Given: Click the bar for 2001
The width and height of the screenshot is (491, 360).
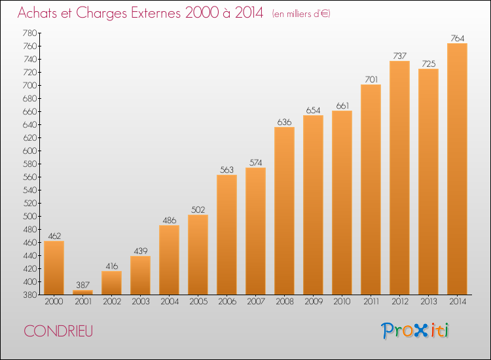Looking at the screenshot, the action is pyautogui.click(x=82, y=292).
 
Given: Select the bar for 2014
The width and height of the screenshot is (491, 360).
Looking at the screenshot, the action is pyautogui.click(x=457, y=169).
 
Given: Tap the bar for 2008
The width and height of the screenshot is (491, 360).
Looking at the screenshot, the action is pyautogui.click(x=284, y=211).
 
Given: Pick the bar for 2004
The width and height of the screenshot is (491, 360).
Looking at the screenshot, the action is pyautogui.click(x=169, y=260).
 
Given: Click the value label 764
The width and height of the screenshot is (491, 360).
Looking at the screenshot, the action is pyautogui.click(x=457, y=38).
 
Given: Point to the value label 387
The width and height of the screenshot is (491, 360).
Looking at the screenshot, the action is pyautogui.click(x=82, y=285).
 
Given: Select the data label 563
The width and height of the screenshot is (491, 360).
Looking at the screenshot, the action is pyautogui.click(x=227, y=170).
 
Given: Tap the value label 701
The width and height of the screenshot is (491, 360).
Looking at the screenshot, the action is pyautogui.click(x=371, y=79).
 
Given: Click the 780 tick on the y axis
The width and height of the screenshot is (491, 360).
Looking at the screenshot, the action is pyautogui.click(x=29, y=33).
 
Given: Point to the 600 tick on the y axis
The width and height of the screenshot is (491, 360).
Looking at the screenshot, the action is pyautogui.click(x=29, y=151).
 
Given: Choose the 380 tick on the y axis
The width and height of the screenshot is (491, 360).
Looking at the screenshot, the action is pyautogui.click(x=29, y=295).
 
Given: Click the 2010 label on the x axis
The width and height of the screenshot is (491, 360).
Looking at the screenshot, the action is pyautogui.click(x=342, y=302).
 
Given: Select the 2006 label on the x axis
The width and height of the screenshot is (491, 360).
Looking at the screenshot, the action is pyautogui.click(x=227, y=302).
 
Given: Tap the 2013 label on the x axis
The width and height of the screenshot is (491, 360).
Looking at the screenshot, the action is pyautogui.click(x=428, y=302).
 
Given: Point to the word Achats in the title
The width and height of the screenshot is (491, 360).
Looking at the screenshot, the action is pyautogui.click(x=37, y=12).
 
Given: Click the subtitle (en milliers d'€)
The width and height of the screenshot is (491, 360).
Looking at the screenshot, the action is pyautogui.click(x=301, y=14).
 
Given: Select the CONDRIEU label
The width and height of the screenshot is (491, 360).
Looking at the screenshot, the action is pyautogui.click(x=58, y=331).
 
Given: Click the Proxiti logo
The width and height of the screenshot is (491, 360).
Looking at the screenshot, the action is pyautogui.click(x=415, y=331).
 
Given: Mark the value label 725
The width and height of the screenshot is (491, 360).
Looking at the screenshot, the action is pyautogui.click(x=428, y=64).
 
